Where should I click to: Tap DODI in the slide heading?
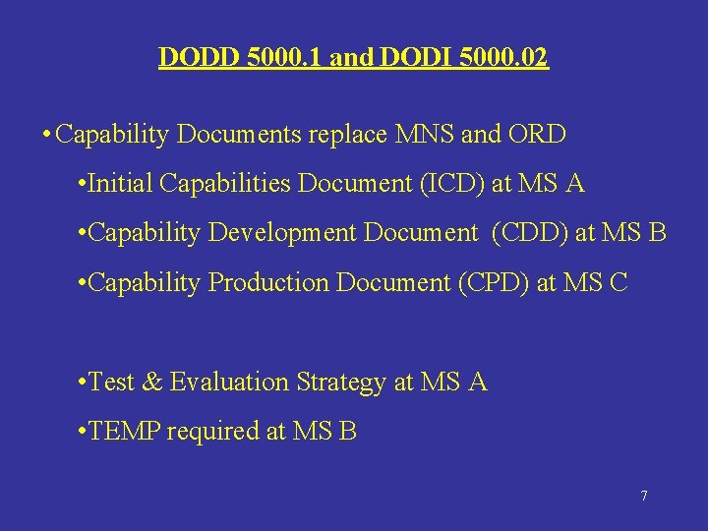(402, 58)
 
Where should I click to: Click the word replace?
(347, 135)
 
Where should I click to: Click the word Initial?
(121, 184)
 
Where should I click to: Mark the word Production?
(269, 282)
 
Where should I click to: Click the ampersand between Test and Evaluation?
(153, 382)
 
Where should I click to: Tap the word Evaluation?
(228, 382)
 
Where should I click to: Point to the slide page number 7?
(644, 496)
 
